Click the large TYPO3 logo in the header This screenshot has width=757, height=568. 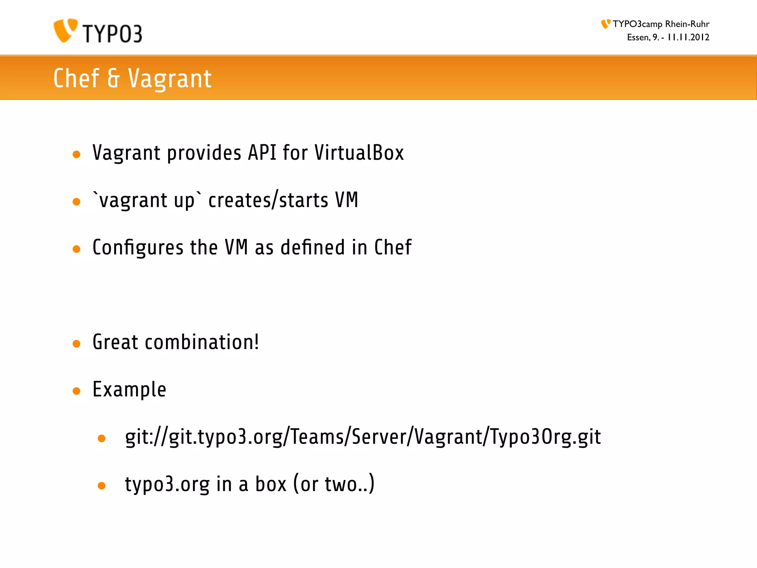[98, 31]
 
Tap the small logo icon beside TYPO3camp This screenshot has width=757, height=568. [605, 24]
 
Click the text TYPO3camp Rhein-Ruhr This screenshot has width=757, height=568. [661, 24]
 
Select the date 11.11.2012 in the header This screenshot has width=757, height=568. [688, 37]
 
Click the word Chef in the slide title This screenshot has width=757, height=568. [77, 78]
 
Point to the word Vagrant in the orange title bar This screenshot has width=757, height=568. [170, 78]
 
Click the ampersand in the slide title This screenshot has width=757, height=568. [113, 78]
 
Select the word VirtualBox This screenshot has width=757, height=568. [359, 153]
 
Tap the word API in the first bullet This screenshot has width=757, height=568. [262, 153]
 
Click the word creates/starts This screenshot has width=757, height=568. [268, 200]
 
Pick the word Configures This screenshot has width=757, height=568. [138, 247]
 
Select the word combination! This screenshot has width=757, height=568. [202, 342]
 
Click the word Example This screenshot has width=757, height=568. [129, 389]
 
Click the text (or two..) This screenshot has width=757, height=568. [334, 484]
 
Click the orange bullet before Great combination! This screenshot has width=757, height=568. [77, 344]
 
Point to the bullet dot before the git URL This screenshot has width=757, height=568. [102, 439]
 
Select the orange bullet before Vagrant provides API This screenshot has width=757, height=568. [77, 155]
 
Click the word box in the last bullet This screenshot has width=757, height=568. [271, 484]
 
